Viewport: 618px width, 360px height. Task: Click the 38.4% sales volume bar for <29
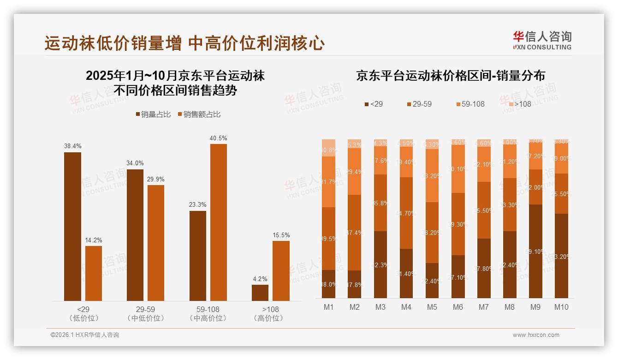(x=72, y=226)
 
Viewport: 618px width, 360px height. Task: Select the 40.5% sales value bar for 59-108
(x=219, y=222)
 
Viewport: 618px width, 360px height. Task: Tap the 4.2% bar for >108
(x=260, y=293)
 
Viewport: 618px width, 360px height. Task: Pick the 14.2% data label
(x=94, y=240)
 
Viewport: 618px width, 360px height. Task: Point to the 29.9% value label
(x=155, y=179)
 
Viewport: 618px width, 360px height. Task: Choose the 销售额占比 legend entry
(x=199, y=114)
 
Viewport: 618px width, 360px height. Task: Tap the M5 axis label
(x=432, y=307)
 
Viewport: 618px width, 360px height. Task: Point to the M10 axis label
(x=561, y=307)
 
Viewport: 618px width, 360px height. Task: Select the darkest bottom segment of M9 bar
(x=535, y=251)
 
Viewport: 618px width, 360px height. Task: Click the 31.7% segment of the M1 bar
(x=328, y=182)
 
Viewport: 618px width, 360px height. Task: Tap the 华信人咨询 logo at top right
(x=542, y=40)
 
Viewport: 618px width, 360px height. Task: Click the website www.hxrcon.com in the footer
(x=535, y=335)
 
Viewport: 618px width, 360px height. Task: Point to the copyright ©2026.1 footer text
(x=84, y=335)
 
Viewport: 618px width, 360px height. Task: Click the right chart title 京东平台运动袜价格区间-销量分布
(x=450, y=76)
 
